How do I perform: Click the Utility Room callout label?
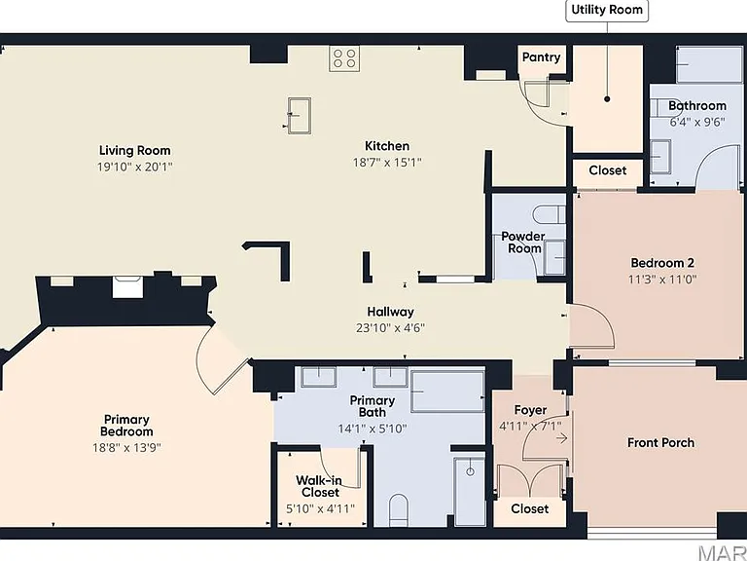point(607,10)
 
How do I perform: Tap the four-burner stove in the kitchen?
point(344,58)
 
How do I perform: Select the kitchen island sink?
point(300,115)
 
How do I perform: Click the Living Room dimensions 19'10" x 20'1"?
point(135,167)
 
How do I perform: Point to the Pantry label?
point(541,57)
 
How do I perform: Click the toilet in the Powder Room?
point(550,214)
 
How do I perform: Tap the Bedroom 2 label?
point(662,263)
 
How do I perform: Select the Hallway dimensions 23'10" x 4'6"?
point(390,327)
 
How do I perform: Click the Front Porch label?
point(660,443)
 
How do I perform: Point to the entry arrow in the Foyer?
point(562,437)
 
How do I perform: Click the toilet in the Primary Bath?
point(398,510)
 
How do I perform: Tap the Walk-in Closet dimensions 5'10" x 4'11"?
point(320,508)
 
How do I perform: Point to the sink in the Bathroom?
point(660,156)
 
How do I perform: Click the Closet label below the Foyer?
point(530,509)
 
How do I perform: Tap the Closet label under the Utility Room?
point(607,170)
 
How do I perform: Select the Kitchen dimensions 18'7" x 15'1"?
point(387,163)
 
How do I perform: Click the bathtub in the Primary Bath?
point(447,391)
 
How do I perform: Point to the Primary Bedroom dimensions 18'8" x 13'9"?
point(126,447)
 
